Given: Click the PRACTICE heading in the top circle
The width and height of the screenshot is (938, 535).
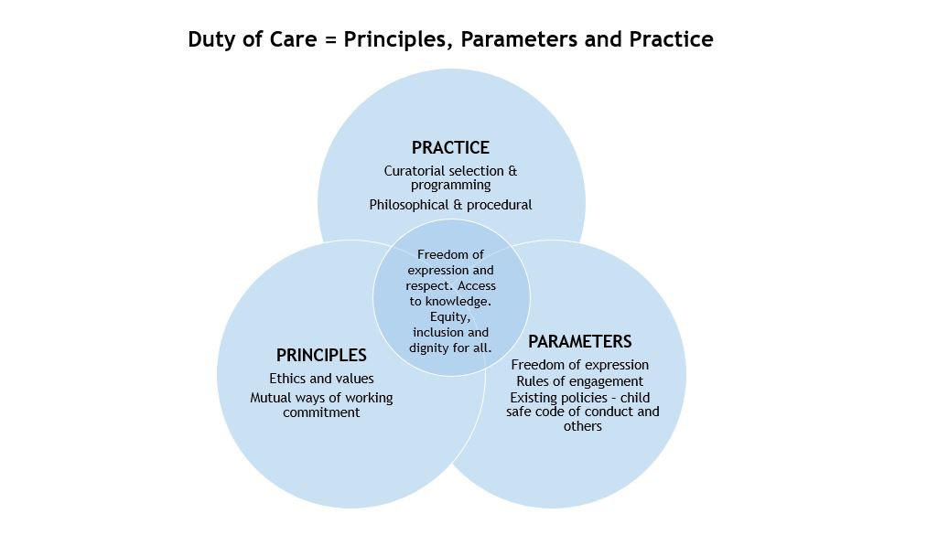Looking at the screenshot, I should pos(450,148).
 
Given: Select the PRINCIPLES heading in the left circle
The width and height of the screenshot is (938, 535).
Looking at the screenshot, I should pos(321,356).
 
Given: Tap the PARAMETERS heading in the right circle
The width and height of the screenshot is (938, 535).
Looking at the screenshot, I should pos(579,342).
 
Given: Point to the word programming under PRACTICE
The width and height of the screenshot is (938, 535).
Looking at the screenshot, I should pos(450,185).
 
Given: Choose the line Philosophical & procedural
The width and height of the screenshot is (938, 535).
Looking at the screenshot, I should pos(450,205).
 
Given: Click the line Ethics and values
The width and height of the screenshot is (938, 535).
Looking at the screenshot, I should pos(321,379).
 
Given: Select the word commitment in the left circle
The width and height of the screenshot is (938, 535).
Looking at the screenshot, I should pos(321,412).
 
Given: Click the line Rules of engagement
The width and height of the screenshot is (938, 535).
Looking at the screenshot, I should pos(579,381).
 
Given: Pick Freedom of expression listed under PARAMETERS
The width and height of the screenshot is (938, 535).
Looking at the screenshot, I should pos(579,366).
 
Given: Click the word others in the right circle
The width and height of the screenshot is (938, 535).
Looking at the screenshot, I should pos(583,426).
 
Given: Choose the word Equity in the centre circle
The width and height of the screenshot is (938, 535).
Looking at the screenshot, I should pos(450,317).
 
